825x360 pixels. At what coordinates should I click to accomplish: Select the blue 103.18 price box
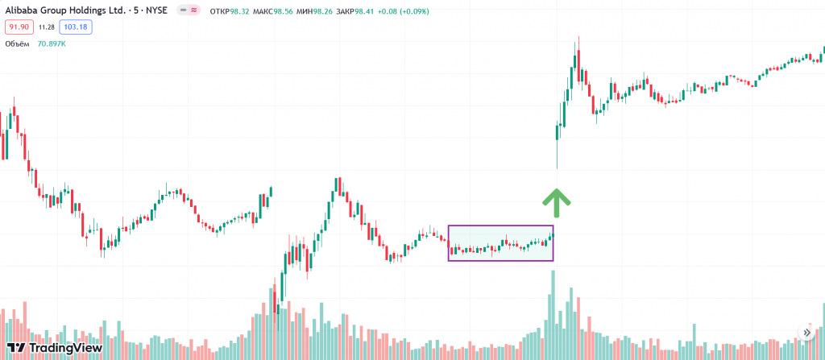(77, 27)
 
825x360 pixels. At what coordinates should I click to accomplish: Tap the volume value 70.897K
(51, 43)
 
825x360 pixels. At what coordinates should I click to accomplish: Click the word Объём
(18, 43)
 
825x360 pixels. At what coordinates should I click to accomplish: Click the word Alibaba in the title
(23, 11)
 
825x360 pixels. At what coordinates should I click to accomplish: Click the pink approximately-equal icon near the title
(194, 11)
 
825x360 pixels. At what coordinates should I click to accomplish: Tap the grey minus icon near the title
(184, 11)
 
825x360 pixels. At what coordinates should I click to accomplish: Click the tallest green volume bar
(553, 314)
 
